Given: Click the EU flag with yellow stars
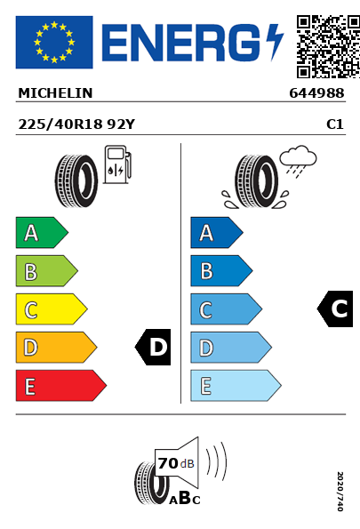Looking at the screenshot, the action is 54,42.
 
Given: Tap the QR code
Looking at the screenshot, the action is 328,46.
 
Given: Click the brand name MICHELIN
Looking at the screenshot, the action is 55,93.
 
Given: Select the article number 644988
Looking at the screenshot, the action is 316,93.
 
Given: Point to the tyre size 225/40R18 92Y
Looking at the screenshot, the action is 76,124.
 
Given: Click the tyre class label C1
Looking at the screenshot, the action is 335,124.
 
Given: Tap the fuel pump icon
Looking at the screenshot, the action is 117,164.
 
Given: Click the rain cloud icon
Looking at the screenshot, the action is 298,161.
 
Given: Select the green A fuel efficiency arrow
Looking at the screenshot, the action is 42,233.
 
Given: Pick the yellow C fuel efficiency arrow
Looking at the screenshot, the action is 52,309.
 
